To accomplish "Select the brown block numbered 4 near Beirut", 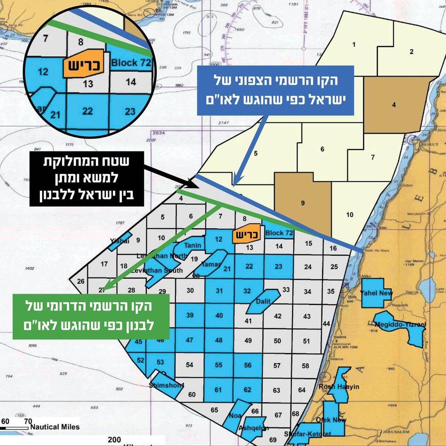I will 393,105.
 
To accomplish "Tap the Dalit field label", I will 263,300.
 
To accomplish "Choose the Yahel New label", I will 376,293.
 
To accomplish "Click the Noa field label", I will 235,416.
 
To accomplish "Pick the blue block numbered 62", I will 247,389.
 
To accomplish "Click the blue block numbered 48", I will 219,340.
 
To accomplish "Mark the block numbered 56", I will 247,365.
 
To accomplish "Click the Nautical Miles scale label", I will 55,427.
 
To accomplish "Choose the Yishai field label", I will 117,240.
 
